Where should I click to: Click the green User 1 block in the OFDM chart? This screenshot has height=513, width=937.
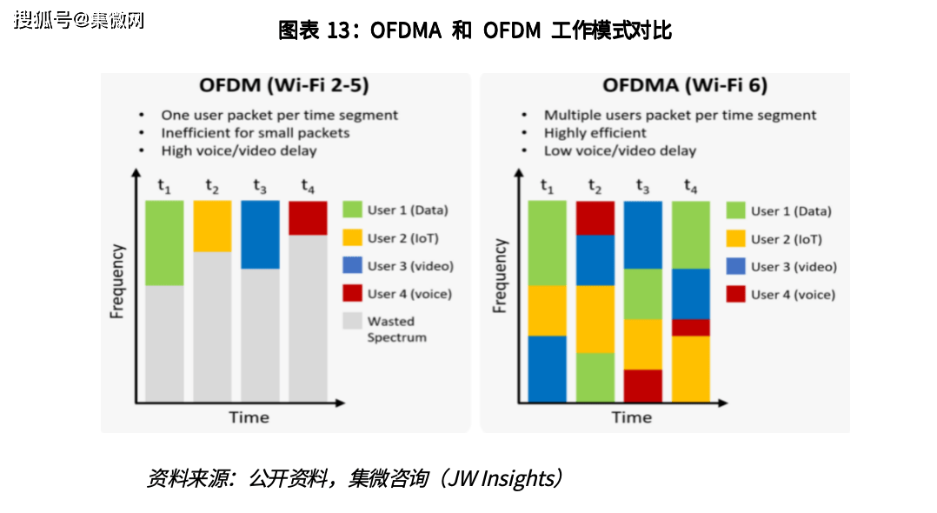tap(164, 243)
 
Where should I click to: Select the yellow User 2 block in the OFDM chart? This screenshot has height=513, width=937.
tap(212, 226)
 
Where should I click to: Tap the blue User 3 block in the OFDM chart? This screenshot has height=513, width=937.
tap(260, 234)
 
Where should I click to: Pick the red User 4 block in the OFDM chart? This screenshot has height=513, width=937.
tap(308, 217)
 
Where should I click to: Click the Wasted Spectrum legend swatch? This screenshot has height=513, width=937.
tap(352, 321)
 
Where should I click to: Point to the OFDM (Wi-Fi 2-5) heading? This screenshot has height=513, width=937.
tap(284, 85)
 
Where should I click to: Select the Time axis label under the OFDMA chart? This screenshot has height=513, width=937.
tap(631, 417)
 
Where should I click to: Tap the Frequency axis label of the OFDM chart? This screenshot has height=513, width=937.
tap(118, 281)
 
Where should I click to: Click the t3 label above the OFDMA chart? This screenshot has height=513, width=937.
tap(643, 186)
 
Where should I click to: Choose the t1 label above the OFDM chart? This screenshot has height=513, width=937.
tap(164, 186)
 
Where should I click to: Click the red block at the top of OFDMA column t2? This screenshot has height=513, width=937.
tap(595, 217)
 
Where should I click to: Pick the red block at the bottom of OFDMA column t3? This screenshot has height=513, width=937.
tap(643, 385)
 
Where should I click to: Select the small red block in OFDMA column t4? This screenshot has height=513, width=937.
tap(691, 327)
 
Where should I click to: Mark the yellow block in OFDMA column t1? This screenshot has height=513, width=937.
tap(548, 310)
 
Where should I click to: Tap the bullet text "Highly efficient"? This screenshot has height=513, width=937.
tap(595, 133)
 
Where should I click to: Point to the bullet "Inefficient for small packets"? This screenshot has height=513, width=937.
tap(255, 133)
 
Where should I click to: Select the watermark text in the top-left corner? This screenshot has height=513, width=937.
tap(78, 20)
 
